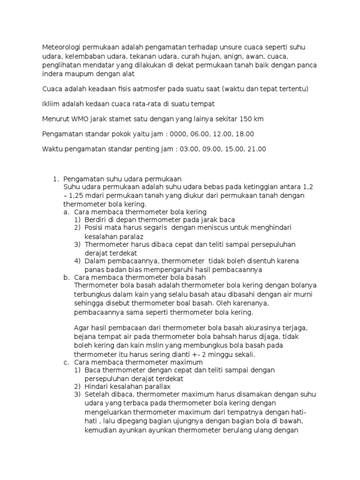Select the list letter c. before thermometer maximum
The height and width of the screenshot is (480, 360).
pos(66,362)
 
